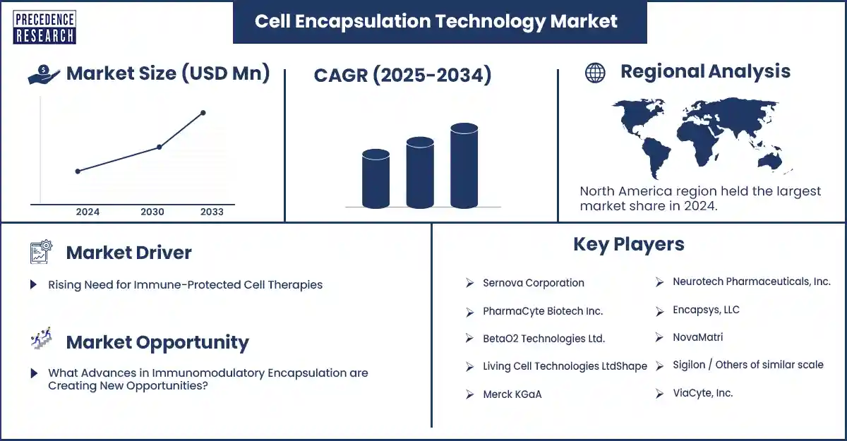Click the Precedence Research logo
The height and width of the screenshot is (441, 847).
(x=44, y=28)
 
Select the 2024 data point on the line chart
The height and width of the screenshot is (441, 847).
(x=78, y=171)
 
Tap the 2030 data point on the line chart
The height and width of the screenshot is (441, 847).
(x=160, y=147)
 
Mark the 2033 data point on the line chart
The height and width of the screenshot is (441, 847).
(x=203, y=113)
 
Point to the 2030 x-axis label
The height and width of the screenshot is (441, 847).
(x=152, y=212)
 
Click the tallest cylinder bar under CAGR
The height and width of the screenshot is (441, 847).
(x=464, y=166)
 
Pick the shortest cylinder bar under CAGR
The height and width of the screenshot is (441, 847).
(x=376, y=179)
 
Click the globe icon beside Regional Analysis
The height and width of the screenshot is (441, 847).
(x=595, y=73)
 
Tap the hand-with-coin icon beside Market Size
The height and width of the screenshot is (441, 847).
(x=44, y=74)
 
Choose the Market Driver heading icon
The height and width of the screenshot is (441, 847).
(x=41, y=252)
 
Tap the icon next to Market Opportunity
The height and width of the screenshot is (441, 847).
(x=41, y=338)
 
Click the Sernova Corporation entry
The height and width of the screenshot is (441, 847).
(x=534, y=283)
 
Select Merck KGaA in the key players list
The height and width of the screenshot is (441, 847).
(x=512, y=394)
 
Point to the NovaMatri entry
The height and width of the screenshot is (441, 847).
(x=697, y=337)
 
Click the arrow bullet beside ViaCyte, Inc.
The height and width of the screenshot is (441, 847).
(x=659, y=394)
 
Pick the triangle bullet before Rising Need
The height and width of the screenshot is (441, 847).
(x=34, y=284)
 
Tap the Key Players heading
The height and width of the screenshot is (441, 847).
(x=629, y=245)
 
